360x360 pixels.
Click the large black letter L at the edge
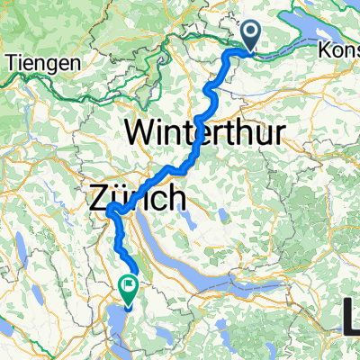click(351, 317)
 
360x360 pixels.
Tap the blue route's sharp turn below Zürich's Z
click(110, 211)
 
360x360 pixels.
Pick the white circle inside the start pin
click(251, 32)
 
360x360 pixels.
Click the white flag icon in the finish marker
click(127, 287)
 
